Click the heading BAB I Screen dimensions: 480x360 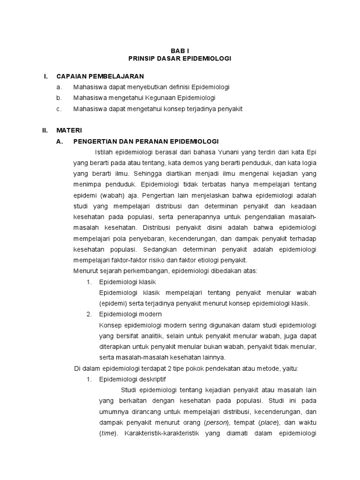[x=180, y=50]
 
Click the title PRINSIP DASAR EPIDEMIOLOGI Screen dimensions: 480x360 [x=180, y=59]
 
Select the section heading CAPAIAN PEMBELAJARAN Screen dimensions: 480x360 [x=100, y=76]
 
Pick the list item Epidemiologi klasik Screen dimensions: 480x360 [x=127, y=282]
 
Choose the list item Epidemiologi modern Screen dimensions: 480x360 [x=130, y=314]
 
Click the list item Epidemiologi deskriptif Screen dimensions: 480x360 [x=133, y=379]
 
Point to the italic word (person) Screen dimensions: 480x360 [x=218, y=422]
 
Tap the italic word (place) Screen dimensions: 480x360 [x=267, y=422]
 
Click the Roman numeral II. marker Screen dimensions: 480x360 [x=45, y=130]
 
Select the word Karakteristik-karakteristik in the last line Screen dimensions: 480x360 [x=161, y=433]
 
